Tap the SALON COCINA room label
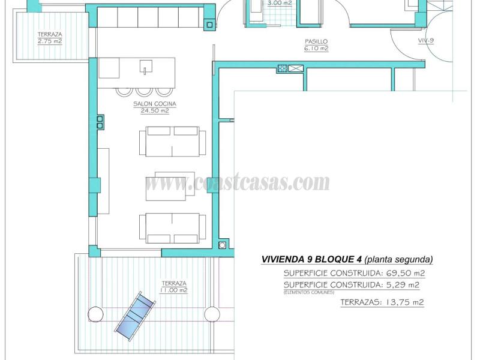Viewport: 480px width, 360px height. click(151, 104)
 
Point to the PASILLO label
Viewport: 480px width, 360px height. click(316, 41)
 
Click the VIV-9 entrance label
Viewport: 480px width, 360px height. click(427, 41)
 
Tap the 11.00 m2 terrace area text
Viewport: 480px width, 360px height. click(173, 290)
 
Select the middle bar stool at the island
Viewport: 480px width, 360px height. click(144, 91)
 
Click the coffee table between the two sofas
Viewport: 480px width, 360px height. click(170, 186)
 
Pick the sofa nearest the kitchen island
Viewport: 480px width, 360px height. click(172, 142)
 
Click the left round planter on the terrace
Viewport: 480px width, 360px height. click(95, 314)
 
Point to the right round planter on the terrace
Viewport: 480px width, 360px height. click(212, 314)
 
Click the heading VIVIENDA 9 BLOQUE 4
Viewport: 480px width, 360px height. click(311, 260)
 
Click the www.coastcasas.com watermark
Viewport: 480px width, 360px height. click(238, 182)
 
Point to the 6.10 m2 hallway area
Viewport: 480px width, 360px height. click(316, 49)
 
